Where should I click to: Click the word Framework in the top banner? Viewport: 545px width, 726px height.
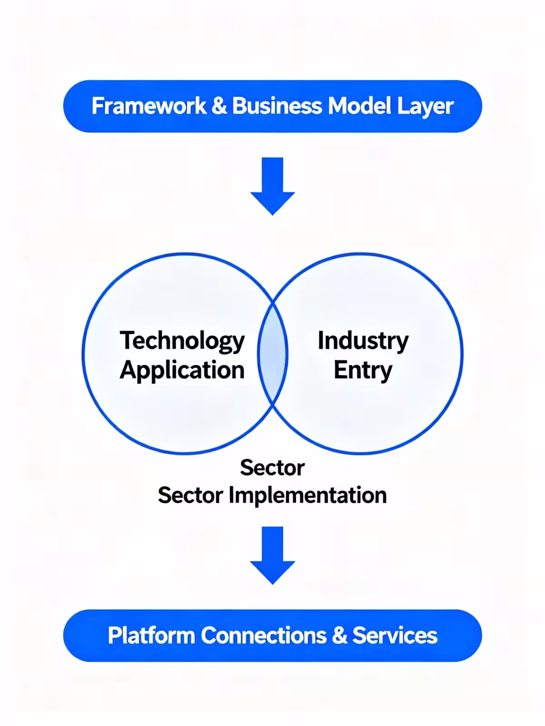pos(149,106)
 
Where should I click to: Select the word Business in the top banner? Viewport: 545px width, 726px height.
pos(277,106)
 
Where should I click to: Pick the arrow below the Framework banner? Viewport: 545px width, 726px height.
pos(272,186)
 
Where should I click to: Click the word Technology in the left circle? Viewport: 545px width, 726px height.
pos(182,341)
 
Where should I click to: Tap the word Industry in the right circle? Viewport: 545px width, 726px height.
pos(363,341)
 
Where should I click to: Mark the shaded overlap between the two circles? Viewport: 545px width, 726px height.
pos(272,353)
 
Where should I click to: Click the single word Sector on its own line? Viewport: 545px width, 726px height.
pos(272,467)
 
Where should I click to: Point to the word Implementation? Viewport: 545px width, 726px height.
pos(307,495)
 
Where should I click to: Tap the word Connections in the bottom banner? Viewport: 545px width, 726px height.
pos(263,635)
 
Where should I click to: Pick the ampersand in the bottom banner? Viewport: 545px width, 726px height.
pos(339,635)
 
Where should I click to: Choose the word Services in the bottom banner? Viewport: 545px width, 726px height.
pos(395,635)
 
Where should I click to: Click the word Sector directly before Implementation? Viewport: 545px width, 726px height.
pos(190,495)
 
